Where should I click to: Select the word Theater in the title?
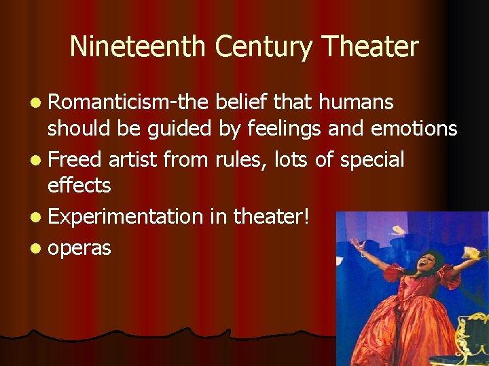click(x=371, y=47)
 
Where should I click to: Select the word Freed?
click(x=75, y=160)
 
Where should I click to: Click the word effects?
click(x=79, y=184)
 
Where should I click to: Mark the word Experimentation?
click(x=126, y=217)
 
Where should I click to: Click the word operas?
click(x=79, y=248)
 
